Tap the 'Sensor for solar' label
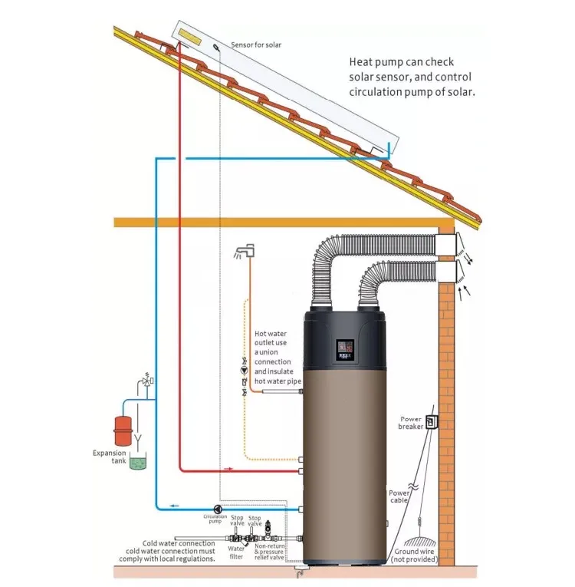tap(255, 45)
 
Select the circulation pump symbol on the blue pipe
tap(219, 508)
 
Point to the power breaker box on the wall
tap(432, 421)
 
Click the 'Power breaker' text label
tap(411, 423)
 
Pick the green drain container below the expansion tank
tap(138, 462)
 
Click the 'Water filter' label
tap(236, 552)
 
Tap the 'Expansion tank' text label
tap(109, 457)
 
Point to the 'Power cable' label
tap(399, 497)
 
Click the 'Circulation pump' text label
tap(215, 519)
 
